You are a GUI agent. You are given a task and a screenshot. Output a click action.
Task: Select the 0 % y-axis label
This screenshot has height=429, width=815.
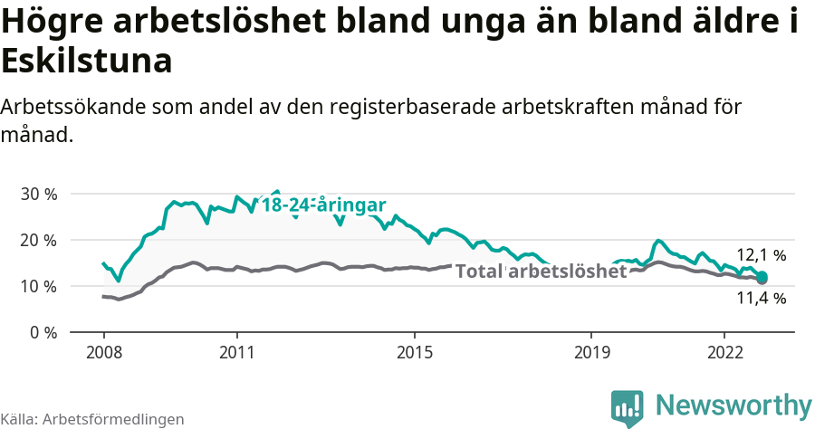[42, 332]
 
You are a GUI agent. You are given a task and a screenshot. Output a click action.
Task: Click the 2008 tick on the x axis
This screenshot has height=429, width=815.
[104, 352]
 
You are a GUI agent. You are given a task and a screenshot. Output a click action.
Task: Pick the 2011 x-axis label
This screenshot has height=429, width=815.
[236, 352]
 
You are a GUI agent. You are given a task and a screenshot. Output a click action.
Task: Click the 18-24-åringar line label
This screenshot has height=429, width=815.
[323, 205]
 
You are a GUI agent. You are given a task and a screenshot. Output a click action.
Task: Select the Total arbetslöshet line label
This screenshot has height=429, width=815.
[541, 272]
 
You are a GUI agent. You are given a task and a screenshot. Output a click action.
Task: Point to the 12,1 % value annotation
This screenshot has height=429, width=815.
[761, 255]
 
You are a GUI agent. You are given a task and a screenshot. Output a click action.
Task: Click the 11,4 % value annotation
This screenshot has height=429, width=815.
[761, 298]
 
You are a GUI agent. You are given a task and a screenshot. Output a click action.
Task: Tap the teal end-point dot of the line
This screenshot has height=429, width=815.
[762, 277]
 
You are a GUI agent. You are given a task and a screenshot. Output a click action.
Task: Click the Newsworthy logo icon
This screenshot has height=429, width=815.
[628, 407]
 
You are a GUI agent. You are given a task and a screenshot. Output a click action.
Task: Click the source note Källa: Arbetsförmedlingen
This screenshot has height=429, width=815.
[92, 419]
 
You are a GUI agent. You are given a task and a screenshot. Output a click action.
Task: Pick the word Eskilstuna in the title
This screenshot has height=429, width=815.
[87, 62]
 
